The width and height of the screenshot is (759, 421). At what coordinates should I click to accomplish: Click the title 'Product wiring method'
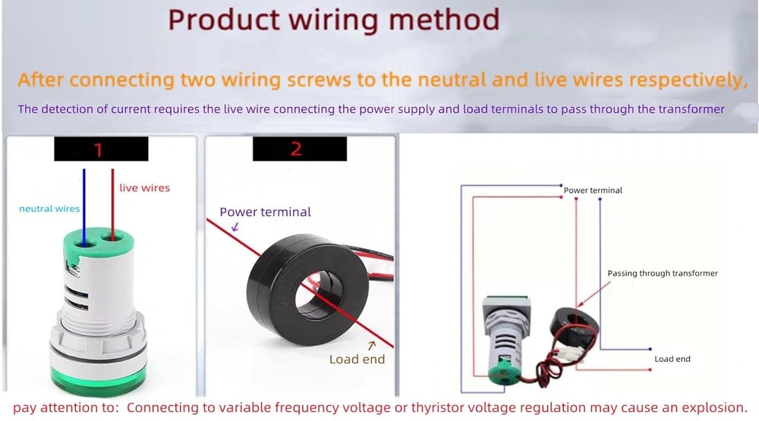tap(333, 20)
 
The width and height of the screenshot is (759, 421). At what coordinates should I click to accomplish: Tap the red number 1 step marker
tap(98, 149)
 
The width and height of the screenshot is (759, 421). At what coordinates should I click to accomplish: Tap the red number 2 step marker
tap(296, 149)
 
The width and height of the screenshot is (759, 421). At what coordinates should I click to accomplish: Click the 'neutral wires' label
tap(49, 209)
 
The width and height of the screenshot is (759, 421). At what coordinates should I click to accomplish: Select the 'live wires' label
tap(145, 188)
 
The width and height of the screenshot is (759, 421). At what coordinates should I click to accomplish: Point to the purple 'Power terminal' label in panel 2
tap(265, 212)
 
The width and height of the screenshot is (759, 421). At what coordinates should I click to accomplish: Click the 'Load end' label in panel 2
tap(357, 360)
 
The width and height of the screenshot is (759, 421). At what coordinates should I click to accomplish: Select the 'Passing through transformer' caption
tap(663, 273)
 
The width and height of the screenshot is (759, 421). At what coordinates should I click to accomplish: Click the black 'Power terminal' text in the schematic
tap(593, 190)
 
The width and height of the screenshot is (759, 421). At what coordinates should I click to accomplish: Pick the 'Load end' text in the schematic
tap(672, 359)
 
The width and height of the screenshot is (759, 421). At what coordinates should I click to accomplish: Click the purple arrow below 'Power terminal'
tap(235, 227)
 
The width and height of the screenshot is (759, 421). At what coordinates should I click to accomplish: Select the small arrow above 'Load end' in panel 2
tap(371, 345)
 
